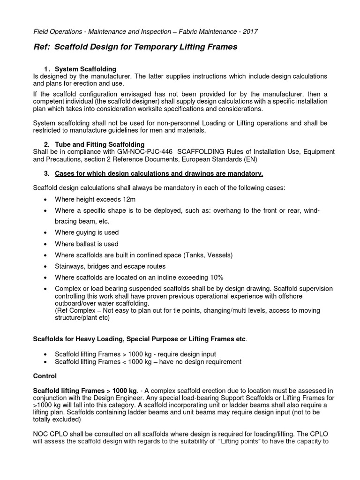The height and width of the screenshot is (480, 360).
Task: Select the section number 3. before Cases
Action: (x=47, y=174)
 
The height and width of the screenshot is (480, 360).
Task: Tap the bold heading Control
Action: (x=45, y=376)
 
